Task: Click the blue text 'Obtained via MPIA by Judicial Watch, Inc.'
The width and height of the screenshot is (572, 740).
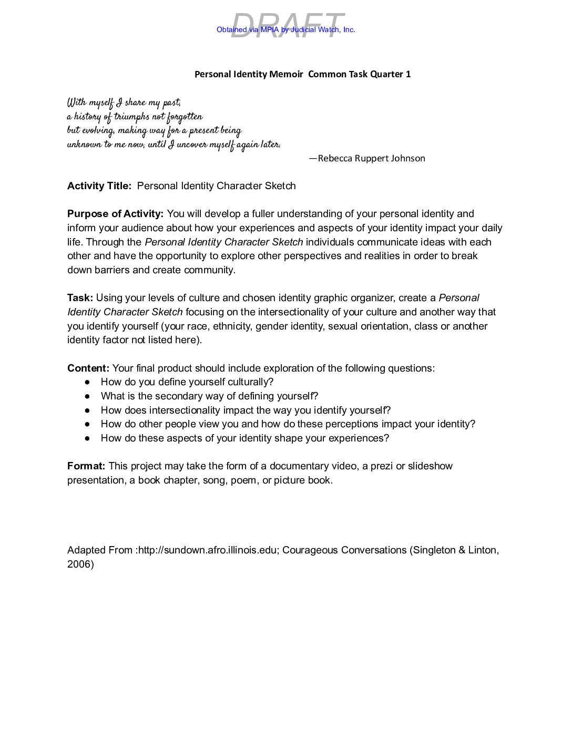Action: point(285,30)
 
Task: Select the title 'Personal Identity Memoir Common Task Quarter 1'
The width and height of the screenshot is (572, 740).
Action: point(302,74)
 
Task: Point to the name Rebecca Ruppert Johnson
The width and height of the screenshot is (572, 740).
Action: point(371,158)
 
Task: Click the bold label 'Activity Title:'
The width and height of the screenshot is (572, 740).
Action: point(99,186)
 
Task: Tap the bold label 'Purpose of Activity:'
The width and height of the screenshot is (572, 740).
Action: point(115,214)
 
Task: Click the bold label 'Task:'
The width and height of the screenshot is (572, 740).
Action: point(80,298)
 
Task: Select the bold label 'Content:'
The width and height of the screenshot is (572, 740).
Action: point(88,368)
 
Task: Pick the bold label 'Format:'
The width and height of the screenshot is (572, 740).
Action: point(86,466)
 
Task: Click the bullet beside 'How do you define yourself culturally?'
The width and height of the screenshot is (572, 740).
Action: point(87,383)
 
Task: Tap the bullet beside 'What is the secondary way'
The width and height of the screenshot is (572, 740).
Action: point(87,396)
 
